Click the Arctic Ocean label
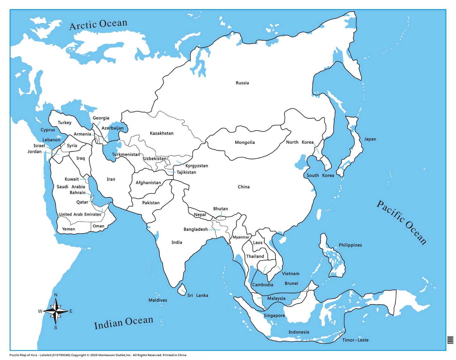[x=98, y=24]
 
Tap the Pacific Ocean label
[x=401, y=222]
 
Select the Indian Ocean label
[x=123, y=322]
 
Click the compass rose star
[x=56, y=311]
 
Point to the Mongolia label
[x=245, y=142]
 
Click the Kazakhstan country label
[x=162, y=133]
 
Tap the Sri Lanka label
[x=198, y=296]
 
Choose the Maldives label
[x=158, y=300]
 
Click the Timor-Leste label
[x=355, y=340]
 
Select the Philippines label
[x=350, y=245]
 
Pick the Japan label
[x=370, y=139]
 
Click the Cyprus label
[x=48, y=130]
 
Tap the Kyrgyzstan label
[x=197, y=166]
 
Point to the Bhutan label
[x=221, y=209]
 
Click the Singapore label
[x=274, y=315]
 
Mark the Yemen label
[x=68, y=229]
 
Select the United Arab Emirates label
[x=80, y=214]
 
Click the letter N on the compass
[x=56, y=295]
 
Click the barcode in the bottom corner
[x=450, y=340]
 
